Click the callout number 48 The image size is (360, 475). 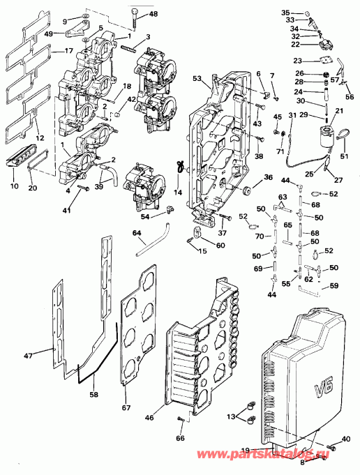[153, 14]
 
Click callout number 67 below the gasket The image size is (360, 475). [126, 407]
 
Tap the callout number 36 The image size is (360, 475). [269, 179]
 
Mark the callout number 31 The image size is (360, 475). [292, 115]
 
